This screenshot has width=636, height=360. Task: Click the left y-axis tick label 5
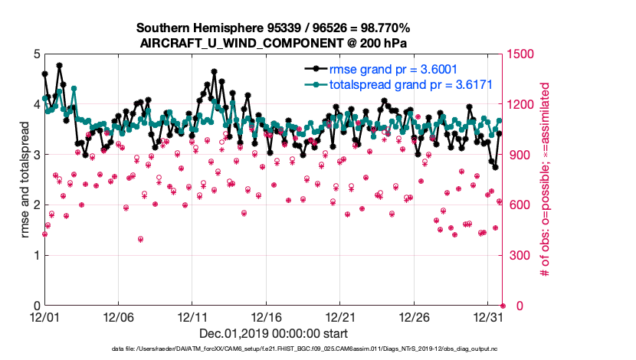click(37, 54)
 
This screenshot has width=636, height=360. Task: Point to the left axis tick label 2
click(37, 205)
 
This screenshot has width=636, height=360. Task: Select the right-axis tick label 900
click(517, 155)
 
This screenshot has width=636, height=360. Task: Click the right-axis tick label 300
click(517, 255)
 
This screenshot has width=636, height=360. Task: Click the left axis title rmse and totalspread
click(25, 179)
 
